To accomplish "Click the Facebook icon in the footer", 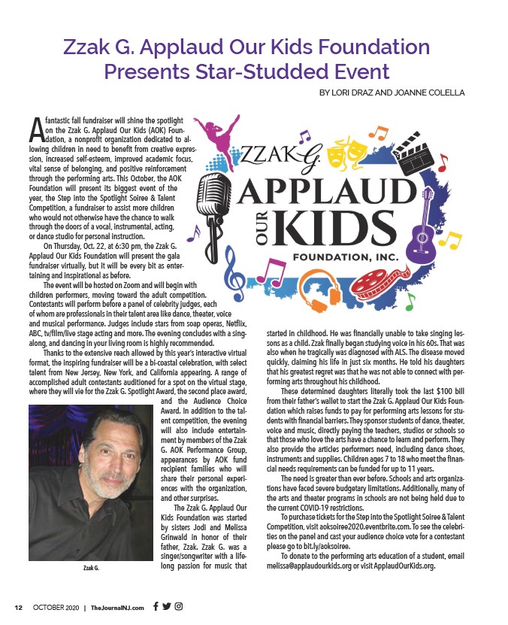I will point(155,606).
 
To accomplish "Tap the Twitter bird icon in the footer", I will point(167,606).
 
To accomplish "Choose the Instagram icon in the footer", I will point(179,606).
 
